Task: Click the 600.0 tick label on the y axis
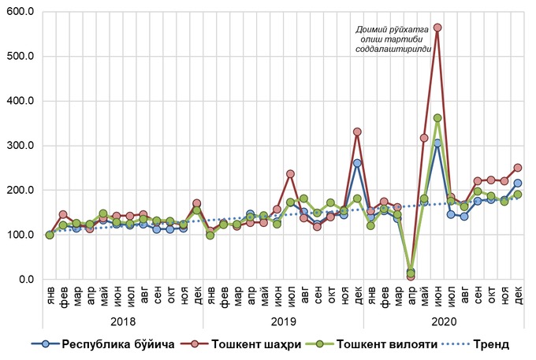pos(21,12)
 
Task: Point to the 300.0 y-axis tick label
pos(21,146)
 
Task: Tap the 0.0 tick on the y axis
pos(26,280)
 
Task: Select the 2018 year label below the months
pos(123,321)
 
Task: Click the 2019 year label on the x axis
pos(283,321)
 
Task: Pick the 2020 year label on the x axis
pos(443,321)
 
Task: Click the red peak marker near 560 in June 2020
pos(437,28)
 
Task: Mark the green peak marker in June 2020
pos(437,118)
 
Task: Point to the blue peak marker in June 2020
pos(437,143)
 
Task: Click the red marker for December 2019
pos(357,132)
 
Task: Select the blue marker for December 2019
pos(357,163)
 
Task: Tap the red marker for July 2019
pos(290,173)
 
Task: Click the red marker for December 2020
pos(518,168)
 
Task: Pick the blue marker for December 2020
pos(518,183)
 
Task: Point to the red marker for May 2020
pos(424,138)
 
